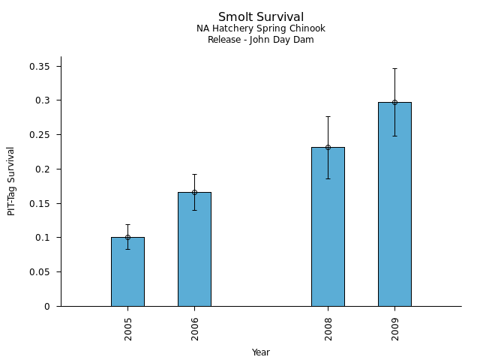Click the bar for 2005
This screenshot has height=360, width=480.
click(127, 271)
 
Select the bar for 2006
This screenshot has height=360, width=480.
click(194, 249)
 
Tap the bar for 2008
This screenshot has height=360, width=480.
click(328, 226)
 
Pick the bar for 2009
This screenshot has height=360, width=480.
click(394, 204)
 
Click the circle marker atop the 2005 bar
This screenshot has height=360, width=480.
click(127, 237)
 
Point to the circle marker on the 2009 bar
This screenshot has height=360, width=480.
click(394, 102)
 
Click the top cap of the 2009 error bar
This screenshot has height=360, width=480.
click(394, 68)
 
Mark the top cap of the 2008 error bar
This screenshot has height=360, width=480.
click(328, 116)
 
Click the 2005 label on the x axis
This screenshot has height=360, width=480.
click(128, 328)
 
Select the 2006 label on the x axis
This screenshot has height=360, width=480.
click(195, 328)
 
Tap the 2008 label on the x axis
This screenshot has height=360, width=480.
click(328, 328)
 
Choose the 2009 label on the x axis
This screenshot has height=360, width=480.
click(395, 328)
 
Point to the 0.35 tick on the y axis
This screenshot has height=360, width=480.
click(39, 66)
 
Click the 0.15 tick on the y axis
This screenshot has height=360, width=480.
click(39, 203)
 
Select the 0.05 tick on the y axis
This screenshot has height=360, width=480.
click(39, 272)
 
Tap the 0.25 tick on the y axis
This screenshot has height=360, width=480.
click(39, 135)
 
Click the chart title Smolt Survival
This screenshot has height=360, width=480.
click(261, 16)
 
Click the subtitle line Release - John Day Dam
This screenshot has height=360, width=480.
click(261, 40)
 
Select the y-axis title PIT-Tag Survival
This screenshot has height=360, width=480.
click(11, 181)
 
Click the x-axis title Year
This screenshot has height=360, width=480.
click(261, 352)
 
